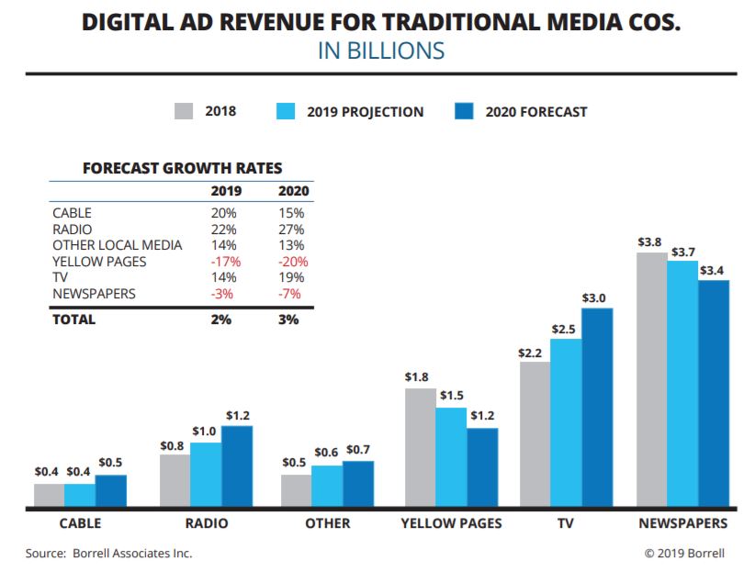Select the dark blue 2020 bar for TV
[597, 408]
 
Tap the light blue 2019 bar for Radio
[206, 475]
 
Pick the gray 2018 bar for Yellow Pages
[421, 447]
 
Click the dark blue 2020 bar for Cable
[111, 490]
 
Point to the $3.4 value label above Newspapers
[712, 271]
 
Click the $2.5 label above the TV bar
[564, 329]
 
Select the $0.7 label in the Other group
[359, 450]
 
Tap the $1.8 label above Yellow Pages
[417, 376]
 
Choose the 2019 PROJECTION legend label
[364, 112]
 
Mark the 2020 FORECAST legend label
[535, 112]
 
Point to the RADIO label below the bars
[206, 523]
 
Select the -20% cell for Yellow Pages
[294, 262]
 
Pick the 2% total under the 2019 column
[221, 320]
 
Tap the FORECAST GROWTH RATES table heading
[182, 169]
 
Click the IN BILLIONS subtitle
[381, 50]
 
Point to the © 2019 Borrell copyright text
[684, 553]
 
